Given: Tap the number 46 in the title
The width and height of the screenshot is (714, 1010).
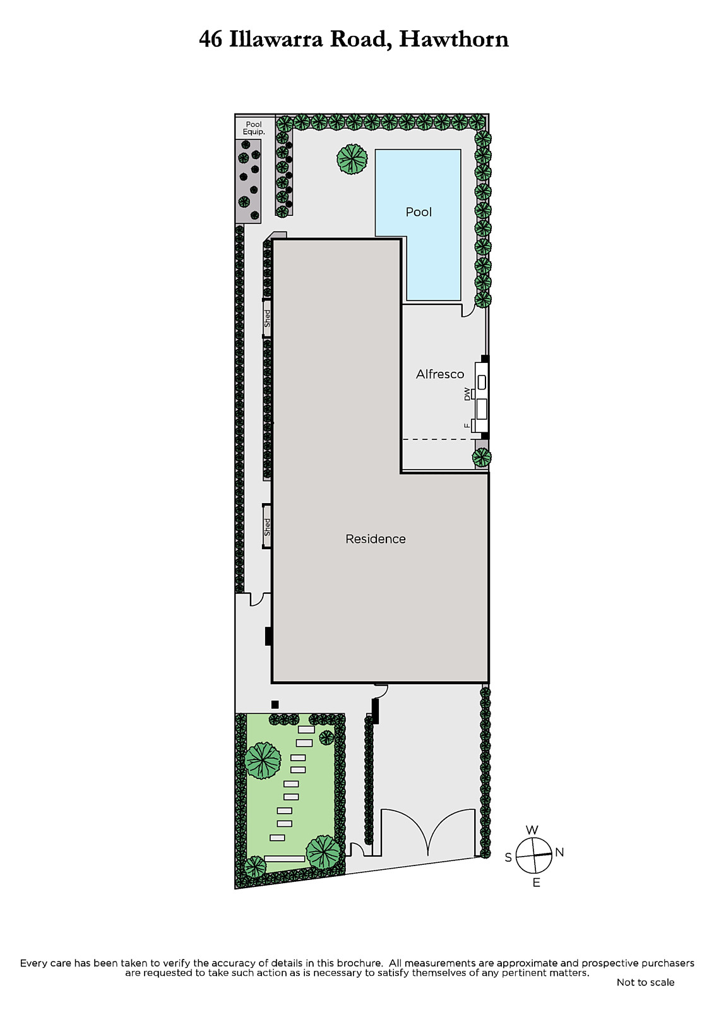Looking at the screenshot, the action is pyautogui.click(x=211, y=40).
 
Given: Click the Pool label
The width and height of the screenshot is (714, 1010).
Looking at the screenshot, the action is pyautogui.click(x=419, y=212).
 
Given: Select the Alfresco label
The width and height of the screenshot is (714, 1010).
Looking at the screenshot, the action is pyautogui.click(x=440, y=374).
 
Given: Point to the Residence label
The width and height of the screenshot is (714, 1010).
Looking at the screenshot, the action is pyautogui.click(x=375, y=539).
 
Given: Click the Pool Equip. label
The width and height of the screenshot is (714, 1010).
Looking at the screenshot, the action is pyautogui.click(x=254, y=128).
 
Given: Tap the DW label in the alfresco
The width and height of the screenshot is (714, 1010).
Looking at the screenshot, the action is pyautogui.click(x=467, y=394).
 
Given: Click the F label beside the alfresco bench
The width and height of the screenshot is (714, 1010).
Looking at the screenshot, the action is pyautogui.click(x=467, y=425).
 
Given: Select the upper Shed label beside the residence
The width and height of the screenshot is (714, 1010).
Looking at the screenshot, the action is pyautogui.click(x=267, y=318).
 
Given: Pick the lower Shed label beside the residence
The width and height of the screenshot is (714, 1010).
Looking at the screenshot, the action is pyautogui.click(x=267, y=527).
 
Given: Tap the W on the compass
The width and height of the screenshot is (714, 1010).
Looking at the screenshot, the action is pyautogui.click(x=532, y=830).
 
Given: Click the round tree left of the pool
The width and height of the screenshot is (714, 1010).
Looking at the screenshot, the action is pyautogui.click(x=352, y=158).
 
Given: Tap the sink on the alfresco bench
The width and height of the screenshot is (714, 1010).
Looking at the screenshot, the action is pyautogui.click(x=482, y=383).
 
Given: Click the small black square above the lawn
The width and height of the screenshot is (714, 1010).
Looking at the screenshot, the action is pyautogui.click(x=275, y=704).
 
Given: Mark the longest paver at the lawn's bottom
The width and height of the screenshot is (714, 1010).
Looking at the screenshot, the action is pyautogui.click(x=285, y=858).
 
